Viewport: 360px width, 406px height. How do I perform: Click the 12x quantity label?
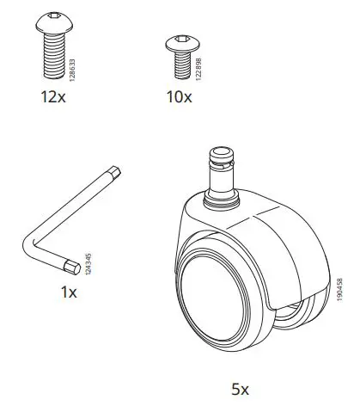tap(53, 96)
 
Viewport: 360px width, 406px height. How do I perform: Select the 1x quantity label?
tap(69, 292)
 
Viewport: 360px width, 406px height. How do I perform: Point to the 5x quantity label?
tap(240, 389)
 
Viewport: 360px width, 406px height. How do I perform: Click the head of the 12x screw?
tap(53, 25)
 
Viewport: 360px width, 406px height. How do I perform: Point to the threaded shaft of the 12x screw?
tap(53, 55)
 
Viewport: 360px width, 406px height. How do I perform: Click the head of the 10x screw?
tap(181, 42)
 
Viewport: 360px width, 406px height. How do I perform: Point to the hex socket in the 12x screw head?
tap(53, 17)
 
